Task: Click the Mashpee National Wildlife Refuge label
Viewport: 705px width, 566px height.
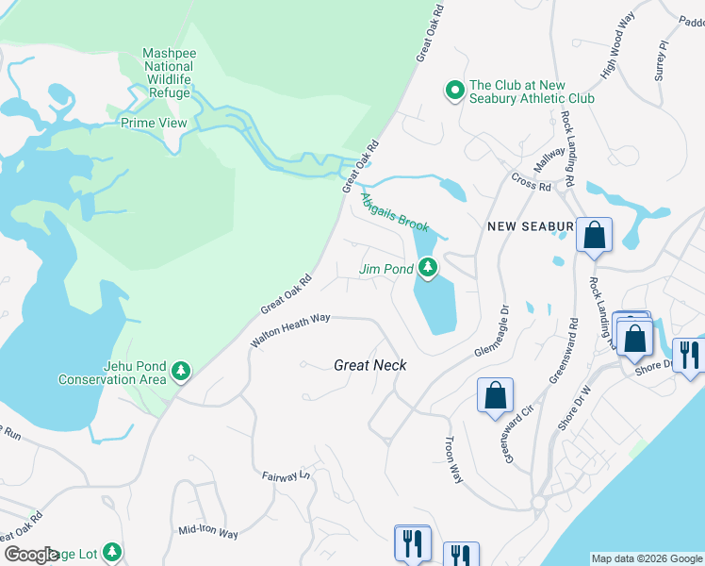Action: coord(170,74)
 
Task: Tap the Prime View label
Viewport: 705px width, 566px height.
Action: coord(154,124)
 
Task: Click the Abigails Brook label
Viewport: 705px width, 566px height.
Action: coord(395,213)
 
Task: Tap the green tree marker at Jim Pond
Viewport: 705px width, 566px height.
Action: coord(428,270)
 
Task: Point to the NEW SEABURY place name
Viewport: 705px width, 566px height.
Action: coord(529,226)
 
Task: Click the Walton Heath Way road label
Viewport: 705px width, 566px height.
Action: coord(290,332)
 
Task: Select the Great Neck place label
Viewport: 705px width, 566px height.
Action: coord(369,364)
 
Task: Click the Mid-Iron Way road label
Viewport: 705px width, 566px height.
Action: coord(208,532)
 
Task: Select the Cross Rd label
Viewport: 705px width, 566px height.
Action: coord(531,181)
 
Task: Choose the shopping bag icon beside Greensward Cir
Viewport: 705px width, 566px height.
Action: coord(495,396)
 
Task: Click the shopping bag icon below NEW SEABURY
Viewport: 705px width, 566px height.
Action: coord(594,237)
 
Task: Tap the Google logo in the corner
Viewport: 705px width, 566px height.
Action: coord(31,555)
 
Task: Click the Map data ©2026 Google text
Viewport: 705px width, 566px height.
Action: coord(647,558)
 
